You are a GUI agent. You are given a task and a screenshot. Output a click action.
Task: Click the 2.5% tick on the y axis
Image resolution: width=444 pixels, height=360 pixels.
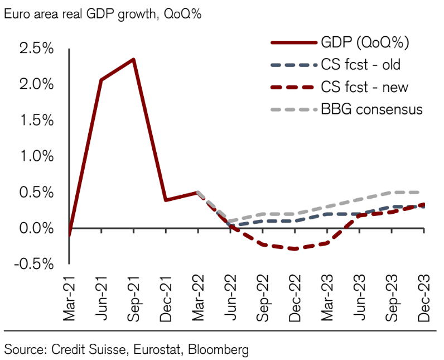[x=37, y=49]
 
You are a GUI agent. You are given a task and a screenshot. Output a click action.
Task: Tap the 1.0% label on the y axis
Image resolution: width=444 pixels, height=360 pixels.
[x=37, y=156]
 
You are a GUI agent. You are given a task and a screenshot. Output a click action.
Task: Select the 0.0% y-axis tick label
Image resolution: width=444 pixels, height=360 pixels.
[x=37, y=228]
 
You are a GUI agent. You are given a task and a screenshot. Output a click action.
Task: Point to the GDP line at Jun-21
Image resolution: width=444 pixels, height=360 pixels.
[x=101, y=80]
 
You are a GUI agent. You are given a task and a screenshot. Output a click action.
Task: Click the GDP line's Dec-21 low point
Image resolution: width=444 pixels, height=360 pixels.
[x=166, y=200]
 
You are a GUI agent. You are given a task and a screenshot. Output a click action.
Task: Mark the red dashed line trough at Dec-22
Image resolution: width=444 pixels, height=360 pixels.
[x=295, y=249]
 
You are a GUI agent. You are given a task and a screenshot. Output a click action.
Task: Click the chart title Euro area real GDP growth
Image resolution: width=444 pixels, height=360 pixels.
[x=103, y=15]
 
